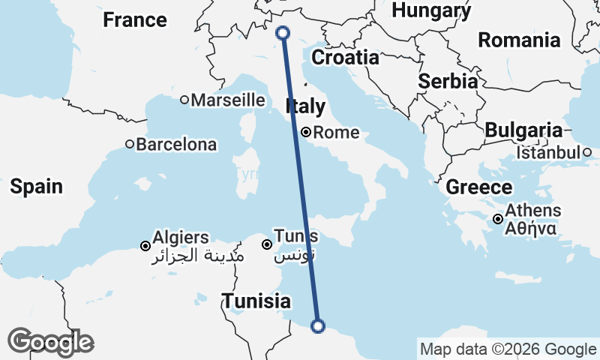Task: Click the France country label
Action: click(135, 19)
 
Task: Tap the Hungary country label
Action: click(432, 10)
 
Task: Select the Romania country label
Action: click(519, 40)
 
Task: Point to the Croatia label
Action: click(346, 57)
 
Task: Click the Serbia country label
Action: click(448, 81)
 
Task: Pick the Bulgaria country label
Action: click(523, 130)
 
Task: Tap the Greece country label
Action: click(479, 187)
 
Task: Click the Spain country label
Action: click(36, 186)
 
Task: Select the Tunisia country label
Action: click(256, 301)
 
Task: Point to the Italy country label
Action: click(305, 106)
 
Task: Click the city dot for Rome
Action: click(306, 133)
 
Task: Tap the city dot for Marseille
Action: click(184, 100)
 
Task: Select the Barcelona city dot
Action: click(130, 144)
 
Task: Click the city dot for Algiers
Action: click(145, 245)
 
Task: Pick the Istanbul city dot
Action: click(587, 153)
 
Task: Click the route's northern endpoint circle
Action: click(283, 32)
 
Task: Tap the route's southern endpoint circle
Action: click(317, 325)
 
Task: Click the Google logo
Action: click(50, 342)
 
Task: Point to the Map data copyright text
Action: click(508, 349)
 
